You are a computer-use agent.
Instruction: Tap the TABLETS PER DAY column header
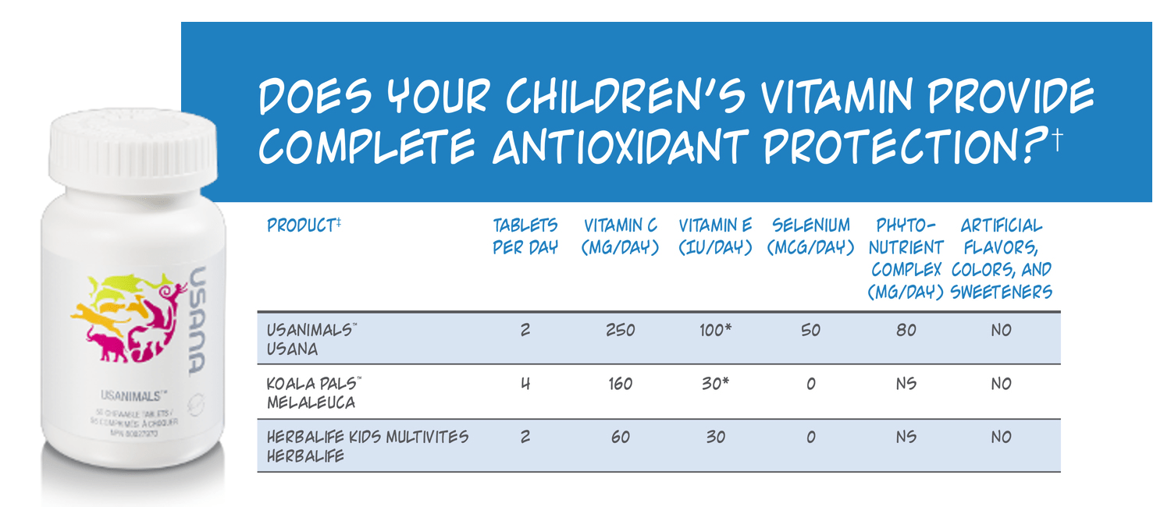pyautogui.click(x=525, y=236)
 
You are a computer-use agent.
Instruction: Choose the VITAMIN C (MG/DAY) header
pyautogui.click(x=621, y=236)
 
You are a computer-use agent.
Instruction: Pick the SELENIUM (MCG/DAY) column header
pyautogui.click(x=810, y=236)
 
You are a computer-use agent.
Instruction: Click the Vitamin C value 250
pyautogui.click(x=621, y=331)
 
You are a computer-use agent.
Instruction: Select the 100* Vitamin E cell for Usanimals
pyautogui.click(x=715, y=331)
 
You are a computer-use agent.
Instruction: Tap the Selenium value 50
pyautogui.click(x=810, y=331)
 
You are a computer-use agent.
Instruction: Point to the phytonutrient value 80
pyautogui.click(x=906, y=331)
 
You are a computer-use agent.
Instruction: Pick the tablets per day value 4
pyautogui.click(x=525, y=384)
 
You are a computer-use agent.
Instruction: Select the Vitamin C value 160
pyautogui.click(x=621, y=384)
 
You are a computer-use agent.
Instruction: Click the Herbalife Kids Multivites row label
pyautogui.click(x=368, y=446)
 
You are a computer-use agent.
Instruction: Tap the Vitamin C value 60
pyautogui.click(x=621, y=438)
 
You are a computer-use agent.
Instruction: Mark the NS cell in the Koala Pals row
pyautogui.click(x=906, y=384)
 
